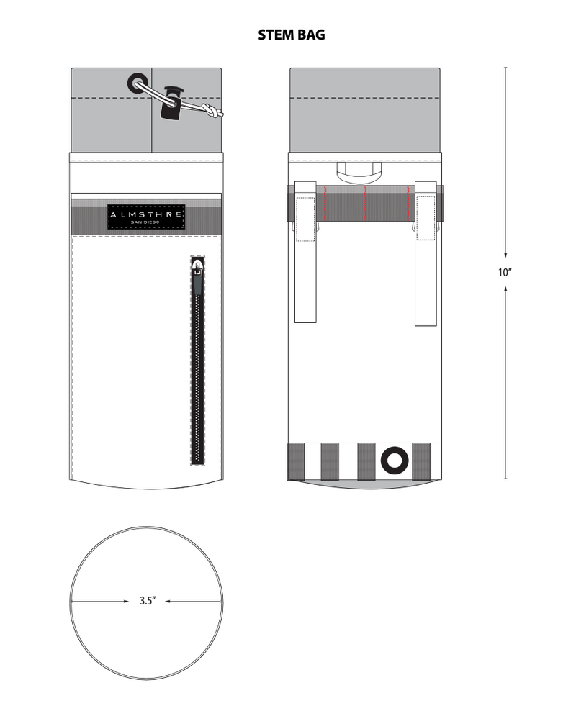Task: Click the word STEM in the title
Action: (x=275, y=35)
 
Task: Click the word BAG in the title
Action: (x=310, y=35)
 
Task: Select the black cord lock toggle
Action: (x=171, y=104)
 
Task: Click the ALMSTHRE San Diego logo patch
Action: (x=146, y=217)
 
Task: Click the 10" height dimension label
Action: (x=505, y=273)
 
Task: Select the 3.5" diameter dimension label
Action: (x=148, y=601)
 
